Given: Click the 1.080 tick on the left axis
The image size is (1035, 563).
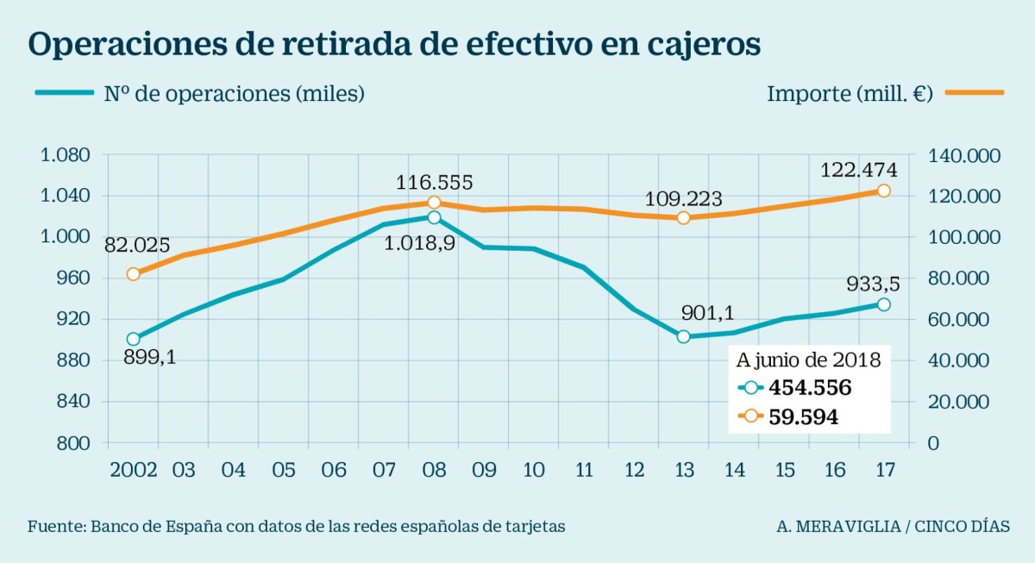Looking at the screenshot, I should tap(66, 155).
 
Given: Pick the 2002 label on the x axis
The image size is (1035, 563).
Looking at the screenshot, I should tap(134, 470).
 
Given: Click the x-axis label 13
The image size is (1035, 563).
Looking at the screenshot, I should tap(683, 470).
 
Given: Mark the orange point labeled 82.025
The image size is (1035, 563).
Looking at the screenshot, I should tap(133, 274).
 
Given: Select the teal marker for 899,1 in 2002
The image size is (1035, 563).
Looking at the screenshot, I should tap(133, 340).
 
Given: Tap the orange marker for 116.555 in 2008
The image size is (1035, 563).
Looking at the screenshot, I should tap(434, 203).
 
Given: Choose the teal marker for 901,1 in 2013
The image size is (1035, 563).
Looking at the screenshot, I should tap(683, 336).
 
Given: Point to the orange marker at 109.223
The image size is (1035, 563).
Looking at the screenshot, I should tap(683, 218).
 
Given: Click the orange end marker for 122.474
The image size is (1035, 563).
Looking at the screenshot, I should tap(883, 191).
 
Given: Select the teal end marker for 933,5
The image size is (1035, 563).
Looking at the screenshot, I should tap(883, 304).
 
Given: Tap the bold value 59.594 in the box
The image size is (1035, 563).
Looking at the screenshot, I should tap(802, 416).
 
